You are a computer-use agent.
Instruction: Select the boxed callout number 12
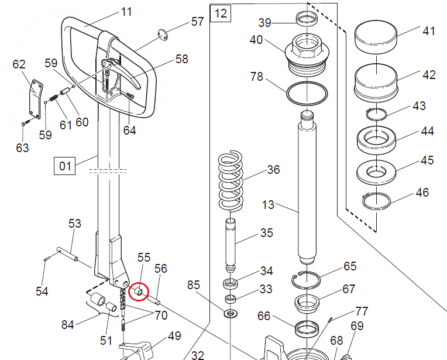pyautogui.click(x=220, y=13)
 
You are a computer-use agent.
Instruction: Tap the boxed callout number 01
pyautogui.click(x=64, y=166)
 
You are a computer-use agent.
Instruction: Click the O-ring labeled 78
pyautogui.click(x=307, y=92)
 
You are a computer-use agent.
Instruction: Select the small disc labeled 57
pyautogui.click(x=163, y=34)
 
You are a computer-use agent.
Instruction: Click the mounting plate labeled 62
pyautogui.click(x=36, y=97)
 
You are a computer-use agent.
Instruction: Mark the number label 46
pyautogui.click(x=421, y=193)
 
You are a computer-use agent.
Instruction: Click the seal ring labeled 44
pyautogui.click(x=377, y=140)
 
